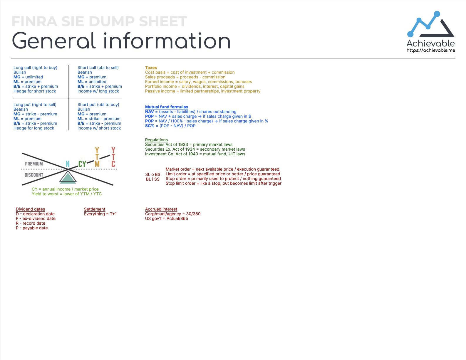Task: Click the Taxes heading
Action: tap(151, 68)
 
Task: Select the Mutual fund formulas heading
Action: tap(166, 107)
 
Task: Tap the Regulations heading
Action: tap(156, 140)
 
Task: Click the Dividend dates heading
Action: tap(30, 209)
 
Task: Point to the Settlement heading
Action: tap(94, 209)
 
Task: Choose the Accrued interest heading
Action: tap(161, 209)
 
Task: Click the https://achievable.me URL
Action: tap(431, 50)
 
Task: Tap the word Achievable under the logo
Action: tap(430, 43)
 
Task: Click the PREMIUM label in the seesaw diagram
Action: tap(34, 164)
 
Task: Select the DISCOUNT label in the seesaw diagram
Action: tap(34, 175)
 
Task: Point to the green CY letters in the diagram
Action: tap(82, 164)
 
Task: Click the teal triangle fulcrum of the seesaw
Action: tap(68, 178)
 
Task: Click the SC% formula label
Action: tap(150, 126)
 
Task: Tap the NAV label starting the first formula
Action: tap(149, 112)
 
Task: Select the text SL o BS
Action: tap(153, 174)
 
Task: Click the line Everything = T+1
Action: tap(100, 214)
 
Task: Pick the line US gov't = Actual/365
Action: tap(166, 218)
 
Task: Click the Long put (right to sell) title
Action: tap(35, 105)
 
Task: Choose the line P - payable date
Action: tap(32, 228)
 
